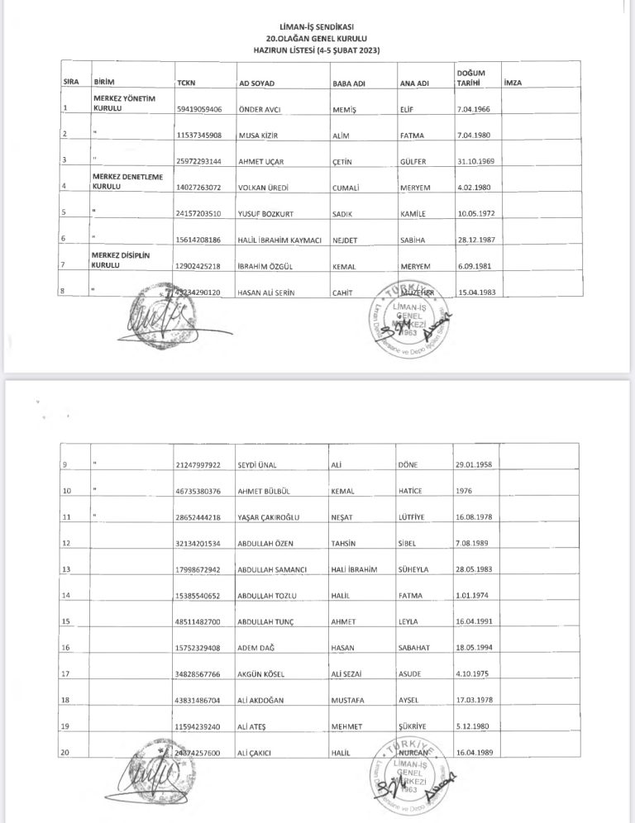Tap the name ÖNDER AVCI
click(x=260, y=109)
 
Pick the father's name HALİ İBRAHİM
click(x=353, y=569)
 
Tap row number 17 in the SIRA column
click(x=66, y=673)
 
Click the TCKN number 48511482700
click(x=198, y=621)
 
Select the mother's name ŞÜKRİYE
click(x=414, y=725)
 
